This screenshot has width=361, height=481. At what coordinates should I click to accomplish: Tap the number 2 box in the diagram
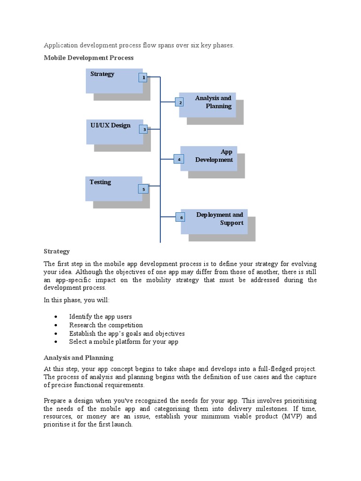(180, 102)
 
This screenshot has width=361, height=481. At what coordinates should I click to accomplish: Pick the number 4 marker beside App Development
(179, 159)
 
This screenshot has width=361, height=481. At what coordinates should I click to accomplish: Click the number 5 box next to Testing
(143, 189)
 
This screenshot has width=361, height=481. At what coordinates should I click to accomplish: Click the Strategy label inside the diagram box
(102, 74)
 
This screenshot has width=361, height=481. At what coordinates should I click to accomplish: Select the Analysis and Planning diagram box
(207, 105)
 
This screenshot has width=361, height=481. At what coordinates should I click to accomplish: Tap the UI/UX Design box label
(111, 125)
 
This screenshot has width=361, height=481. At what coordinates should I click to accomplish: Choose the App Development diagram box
(209, 158)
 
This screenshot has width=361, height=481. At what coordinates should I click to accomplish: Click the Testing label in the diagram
(101, 182)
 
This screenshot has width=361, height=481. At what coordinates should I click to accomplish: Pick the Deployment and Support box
(214, 221)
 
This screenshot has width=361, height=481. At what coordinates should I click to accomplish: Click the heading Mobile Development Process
(89, 58)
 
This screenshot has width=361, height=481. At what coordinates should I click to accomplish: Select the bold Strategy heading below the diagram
(57, 251)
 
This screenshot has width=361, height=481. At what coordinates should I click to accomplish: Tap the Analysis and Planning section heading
(78, 357)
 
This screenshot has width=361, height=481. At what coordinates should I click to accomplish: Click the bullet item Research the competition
(106, 325)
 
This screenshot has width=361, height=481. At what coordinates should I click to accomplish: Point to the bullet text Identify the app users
(100, 317)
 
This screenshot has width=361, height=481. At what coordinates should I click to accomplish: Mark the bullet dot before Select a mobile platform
(56, 342)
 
